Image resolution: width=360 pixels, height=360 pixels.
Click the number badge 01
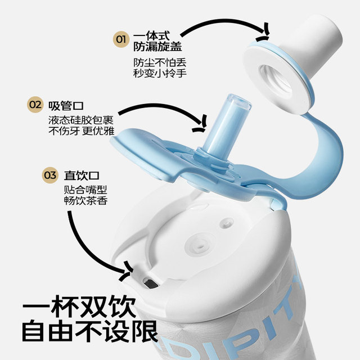[x=120, y=39]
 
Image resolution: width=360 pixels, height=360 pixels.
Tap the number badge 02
[x=35, y=105]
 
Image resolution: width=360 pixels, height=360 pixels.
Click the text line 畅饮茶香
[x=85, y=201]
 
